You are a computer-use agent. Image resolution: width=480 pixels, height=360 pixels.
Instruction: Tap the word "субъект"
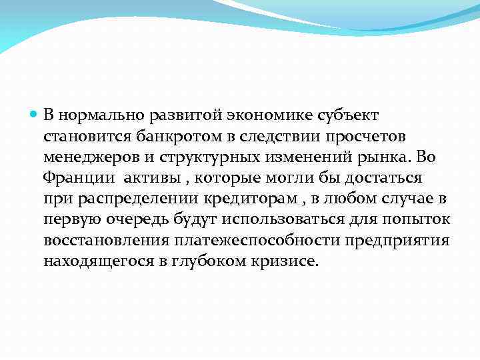pos(345,116)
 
